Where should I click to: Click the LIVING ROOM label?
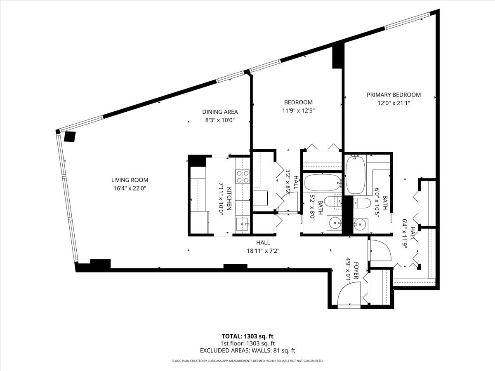tap(130, 180)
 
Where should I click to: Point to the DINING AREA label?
tap(220, 112)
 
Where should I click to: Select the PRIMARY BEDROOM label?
tap(394, 95)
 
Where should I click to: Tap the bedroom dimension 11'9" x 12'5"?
tap(298, 110)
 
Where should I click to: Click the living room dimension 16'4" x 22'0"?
tap(130, 188)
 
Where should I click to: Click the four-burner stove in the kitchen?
tap(243, 177)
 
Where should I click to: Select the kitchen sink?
tap(242, 224)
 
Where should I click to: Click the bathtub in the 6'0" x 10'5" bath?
tap(355, 175)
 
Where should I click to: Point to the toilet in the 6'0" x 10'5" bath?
tap(362, 203)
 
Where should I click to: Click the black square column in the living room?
tap(69, 136)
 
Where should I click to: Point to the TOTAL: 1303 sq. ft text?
tap(247, 336)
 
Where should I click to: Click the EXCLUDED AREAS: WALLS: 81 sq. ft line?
tap(247, 350)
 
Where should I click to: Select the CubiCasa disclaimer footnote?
tap(247, 361)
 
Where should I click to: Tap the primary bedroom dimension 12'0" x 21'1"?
tap(394, 103)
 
